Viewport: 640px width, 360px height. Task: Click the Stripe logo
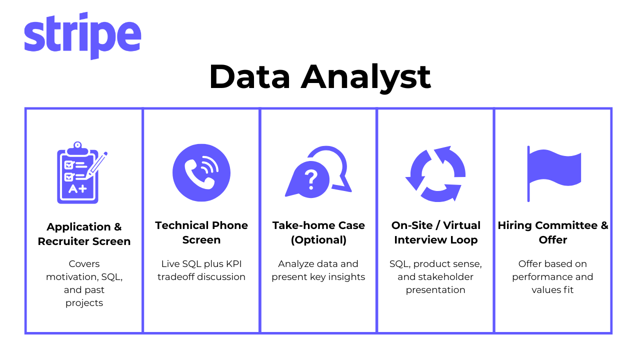pyautogui.click(x=82, y=35)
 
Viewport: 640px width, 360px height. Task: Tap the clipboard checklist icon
pyautogui.click(x=82, y=172)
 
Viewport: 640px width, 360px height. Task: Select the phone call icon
pyautogui.click(x=201, y=172)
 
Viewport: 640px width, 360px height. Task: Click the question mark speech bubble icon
pyautogui.click(x=318, y=172)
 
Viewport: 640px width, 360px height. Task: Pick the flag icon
pyautogui.click(x=554, y=173)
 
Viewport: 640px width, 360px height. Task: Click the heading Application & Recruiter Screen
pyautogui.click(x=84, y=234)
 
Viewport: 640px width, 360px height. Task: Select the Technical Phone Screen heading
pyautogui.click(x=201, y=232)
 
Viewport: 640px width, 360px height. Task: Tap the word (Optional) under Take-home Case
pyautogui.click(x=318, y=240)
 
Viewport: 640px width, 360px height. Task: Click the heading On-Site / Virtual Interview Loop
pyautogui.click(x=435, y=232)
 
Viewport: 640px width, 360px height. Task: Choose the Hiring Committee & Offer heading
pyautogui.click(x=553, y=232)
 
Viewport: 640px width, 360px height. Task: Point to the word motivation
pyautogui.click(x=72, y=277)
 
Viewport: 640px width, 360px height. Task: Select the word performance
pyautogui.click(x=537, y=277)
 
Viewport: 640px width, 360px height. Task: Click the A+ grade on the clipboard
pyautogui.click(x=77, y=189)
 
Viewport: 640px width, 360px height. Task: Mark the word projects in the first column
pyautogui.click(x=84, y=303)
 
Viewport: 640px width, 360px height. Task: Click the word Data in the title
pyautogui.click(x=249, y=77)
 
